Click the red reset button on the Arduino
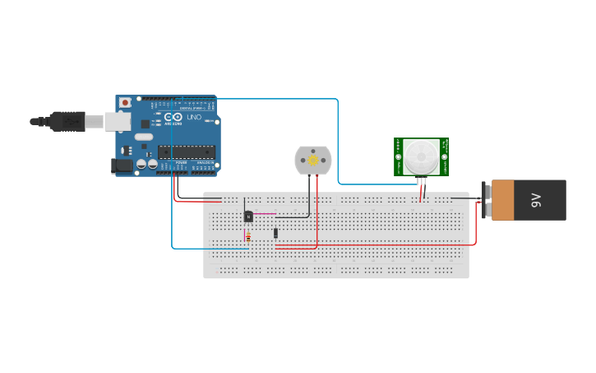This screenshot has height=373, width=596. point(125,102)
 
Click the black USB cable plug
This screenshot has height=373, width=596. point(66,121)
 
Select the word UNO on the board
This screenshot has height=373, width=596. point(194,118)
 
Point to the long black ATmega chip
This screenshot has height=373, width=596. point(187,152)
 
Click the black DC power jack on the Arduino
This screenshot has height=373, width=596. point(121,166)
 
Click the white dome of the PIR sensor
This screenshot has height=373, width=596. point(421,156)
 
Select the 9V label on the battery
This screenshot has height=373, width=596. point(535,200)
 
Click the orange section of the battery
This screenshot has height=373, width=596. point(502,200)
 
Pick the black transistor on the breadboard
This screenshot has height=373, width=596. point(248,217)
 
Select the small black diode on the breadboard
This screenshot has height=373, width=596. point(275,233)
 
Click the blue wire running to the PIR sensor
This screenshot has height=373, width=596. point(338,140)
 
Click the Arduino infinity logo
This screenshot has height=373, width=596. point(174,118)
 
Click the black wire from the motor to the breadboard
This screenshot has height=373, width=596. point(309,198)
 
